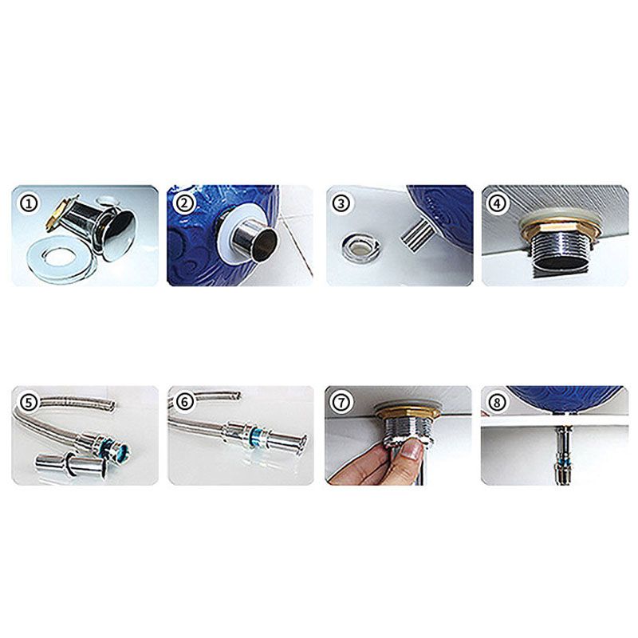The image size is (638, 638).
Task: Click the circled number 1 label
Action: coord(29,203)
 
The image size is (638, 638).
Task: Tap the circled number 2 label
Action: coord(185,203)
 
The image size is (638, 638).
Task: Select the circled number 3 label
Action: coord(341,203)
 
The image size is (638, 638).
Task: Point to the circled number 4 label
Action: coord(497,203)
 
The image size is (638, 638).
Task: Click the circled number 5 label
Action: coord(29,403)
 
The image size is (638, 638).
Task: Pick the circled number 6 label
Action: coord(185,403)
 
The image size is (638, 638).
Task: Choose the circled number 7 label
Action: coord(341,403)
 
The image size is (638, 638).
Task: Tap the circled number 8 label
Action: coord(497,403)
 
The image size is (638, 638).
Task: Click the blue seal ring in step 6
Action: coord(255,437)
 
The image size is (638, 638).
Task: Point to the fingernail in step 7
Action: coord(410,451)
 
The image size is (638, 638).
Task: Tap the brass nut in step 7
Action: coord(408,413)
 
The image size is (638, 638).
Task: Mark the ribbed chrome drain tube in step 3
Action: coord(417,235)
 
